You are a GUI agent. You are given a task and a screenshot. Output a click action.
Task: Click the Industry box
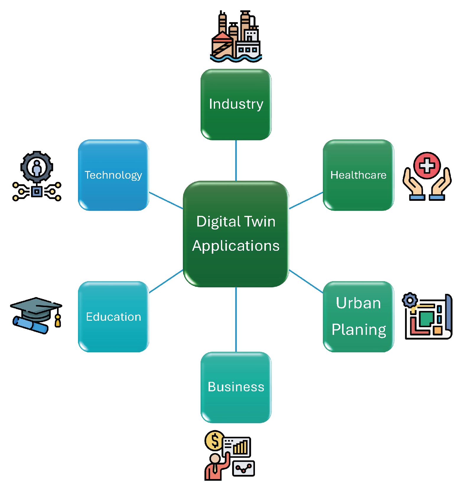click(236, 104)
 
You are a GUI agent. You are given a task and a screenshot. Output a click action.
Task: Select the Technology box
click(113, 175)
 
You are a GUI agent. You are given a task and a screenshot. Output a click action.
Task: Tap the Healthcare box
click(358, 175)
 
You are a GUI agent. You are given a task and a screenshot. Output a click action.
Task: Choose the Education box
click(113, 317)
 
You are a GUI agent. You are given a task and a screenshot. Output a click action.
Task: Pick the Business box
click(236, 387)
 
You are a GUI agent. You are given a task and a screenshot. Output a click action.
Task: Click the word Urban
click(358, 303)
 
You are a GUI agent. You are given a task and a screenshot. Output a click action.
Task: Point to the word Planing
click(359, 330)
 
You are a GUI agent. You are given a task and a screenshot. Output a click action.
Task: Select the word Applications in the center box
click(236, 246)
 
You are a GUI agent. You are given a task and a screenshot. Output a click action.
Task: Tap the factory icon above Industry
click(236, 37)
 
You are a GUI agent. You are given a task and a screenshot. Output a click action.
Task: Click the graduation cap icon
click(36, 309)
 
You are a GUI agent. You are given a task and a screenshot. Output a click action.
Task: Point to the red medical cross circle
click(427, 166)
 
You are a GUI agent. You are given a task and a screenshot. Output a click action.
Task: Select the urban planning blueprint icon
click(428, 317)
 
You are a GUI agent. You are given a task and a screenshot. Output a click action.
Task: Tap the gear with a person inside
click(37, 167)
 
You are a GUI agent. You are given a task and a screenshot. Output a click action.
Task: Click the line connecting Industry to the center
click(236, 160)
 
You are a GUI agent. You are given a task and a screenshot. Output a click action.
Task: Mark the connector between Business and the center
click(236, 319)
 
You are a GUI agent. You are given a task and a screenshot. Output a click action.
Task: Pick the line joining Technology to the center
click(166, 201)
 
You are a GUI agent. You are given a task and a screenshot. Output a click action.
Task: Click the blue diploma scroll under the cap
click(30, 325)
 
